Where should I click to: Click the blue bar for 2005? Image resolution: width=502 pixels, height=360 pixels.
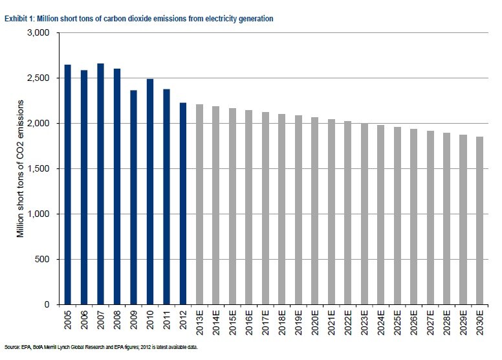tap(68, 185)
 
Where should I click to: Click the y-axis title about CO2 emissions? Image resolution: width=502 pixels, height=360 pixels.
tap(21, 168)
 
